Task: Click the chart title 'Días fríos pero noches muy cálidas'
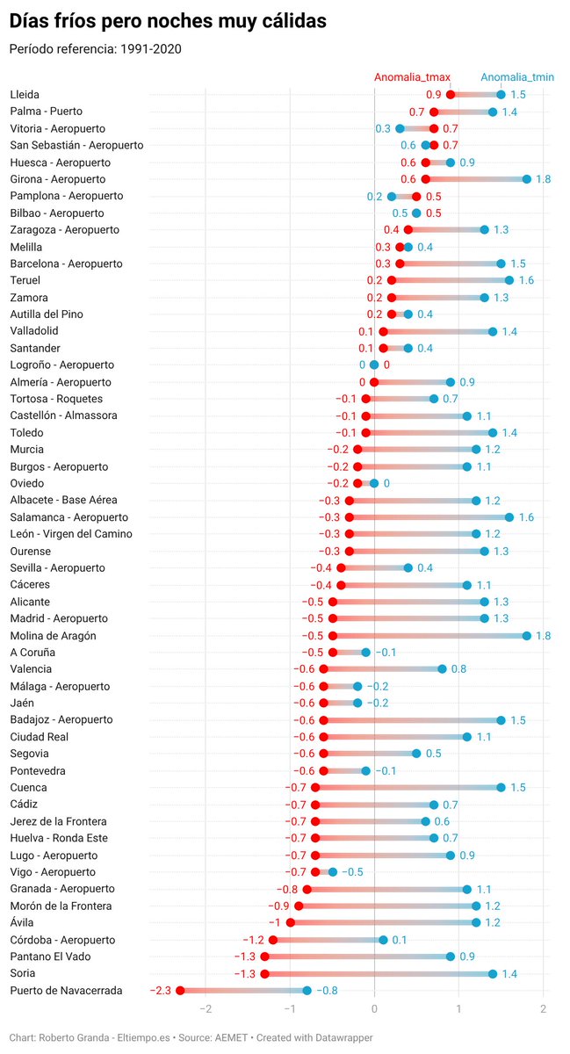[x=168, y=21]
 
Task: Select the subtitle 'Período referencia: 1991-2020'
[x=95, y=49]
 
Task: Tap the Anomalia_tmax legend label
[x=412, y=77]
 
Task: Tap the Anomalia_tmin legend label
[x=517, y=77]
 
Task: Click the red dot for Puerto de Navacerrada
[x=180, y=991]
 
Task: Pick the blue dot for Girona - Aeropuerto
[x=527, y=179]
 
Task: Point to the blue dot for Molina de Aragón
[x=527, y=636]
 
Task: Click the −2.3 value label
[x=161, y=991]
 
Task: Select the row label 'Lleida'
[x=25, y=95]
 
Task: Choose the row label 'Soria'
[x=23, y=973]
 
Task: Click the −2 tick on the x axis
[x=206, y=1009]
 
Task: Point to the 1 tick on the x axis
[x=459, y=1009]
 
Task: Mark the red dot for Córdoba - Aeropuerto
[x=273, y=940]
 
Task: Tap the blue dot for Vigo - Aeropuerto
[x=333, y=872]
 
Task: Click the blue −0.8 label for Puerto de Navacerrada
[x=327, y=991]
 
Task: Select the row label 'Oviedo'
[x=27, y=483]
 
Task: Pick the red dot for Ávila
[x=291, y=923]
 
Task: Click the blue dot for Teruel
[x=509, y=280]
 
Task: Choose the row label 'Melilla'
[x=25, y=247]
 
